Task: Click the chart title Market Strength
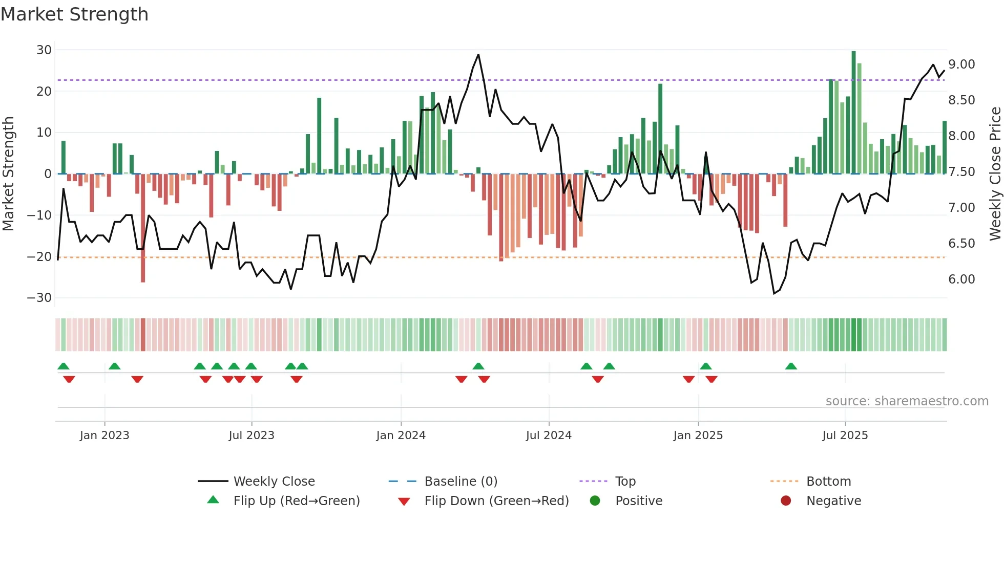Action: pyautogui.click(x=74, y=14)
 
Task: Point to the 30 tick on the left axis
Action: pyautogui.click(x=44, y=50)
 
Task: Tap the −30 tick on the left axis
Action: pyautogui.click(x=39, y=298)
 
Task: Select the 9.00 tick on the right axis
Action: pyautogui.click(x=961, y=64)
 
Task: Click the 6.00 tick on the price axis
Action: pyautogui.click(x=961, y=279)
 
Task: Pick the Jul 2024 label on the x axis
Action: pyautogui.click(x=549, y=436)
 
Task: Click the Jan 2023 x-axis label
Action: pyautogui.click(x=104, y=436)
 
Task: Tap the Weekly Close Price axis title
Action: pyautogui.click(x=995, y=173)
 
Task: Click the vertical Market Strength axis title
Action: pyautogui.click(x=8, y=173)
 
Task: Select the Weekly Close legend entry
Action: pyautogui.click(x=274, y=482)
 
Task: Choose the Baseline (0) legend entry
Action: pyautogui.click(x=461, y=482)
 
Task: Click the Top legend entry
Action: pyautogui.click(x=625, y=482)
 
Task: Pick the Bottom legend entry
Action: pyautogui.click(x=828, y=482)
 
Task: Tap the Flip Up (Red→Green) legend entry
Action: pyautogui.click(x=296, y=501)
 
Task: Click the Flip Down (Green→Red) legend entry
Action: pyautogui.click(x=496, y=501)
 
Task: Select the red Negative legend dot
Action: pyautogui.click(x=786, y=501)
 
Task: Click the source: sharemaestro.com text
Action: pyautogui.click(x=907, y=401)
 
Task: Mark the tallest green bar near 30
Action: pyautogui.click(x=853, y=113)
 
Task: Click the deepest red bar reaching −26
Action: pyautogui.click(x=143, y=228)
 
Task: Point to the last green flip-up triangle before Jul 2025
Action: pyautogui.click(x=791, y=366)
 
